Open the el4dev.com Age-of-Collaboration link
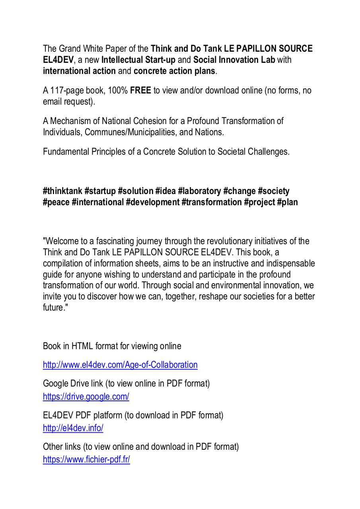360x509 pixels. pyautogui.click(x=120, y=365)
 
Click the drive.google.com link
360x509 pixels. pyautogui.click(x=86, y=396)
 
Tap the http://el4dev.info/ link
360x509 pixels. pyautogui.click(x=73, y=428)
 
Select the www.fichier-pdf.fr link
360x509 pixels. pyautogui.click(x=86, y=460)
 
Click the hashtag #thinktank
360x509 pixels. pyautogui.click(x=62, y=191)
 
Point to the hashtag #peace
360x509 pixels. pyautogui.click(x=56, y=202)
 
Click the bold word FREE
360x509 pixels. pyautogui.click(x=140, y=90)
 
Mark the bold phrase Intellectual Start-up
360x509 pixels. pyautogui.click(x=138, y=60)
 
